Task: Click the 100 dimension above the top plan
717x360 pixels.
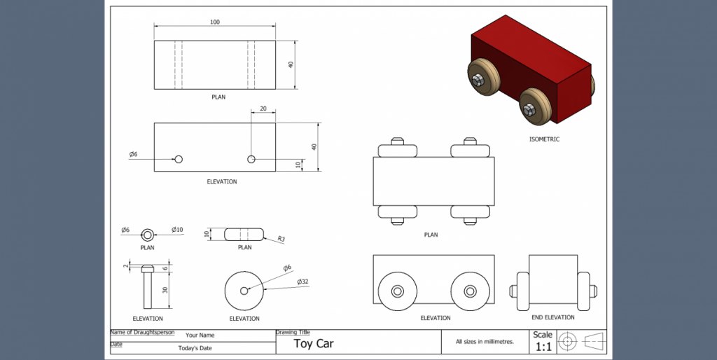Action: (215, 22)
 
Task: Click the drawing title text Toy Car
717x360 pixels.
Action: (313, 343)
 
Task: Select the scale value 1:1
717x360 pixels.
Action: (543, 347)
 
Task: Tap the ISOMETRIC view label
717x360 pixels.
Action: (544, 139)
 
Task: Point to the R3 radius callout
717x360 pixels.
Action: (281, 240)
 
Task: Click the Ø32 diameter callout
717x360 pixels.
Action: (302, 282)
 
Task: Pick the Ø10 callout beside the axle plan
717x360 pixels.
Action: (178, 230)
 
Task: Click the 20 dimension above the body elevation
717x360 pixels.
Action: (263, 109)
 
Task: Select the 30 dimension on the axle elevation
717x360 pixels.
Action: (165, 290)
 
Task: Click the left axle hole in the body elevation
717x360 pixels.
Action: (179, 160)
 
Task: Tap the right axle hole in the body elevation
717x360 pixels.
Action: (251, 160)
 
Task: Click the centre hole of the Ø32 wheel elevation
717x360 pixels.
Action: (244, 291)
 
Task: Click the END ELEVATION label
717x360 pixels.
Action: (553, 317)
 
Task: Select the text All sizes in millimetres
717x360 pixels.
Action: (485, 342)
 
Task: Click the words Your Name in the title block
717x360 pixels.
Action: (200, 335)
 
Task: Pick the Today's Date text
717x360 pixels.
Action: (195, 348)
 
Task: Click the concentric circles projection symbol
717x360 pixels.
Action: (567, 342)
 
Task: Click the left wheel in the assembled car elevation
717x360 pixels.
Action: (397, 291)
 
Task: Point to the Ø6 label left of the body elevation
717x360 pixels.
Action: (133, 154)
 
